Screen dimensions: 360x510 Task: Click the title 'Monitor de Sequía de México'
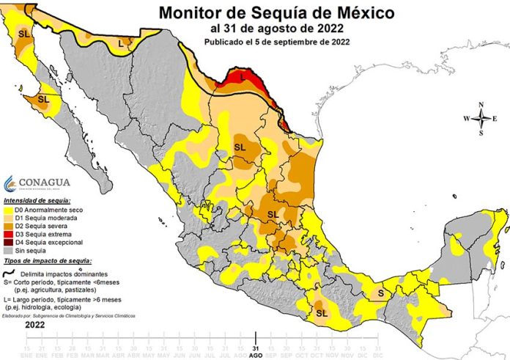(277, 12)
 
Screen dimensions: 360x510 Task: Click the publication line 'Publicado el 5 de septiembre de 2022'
(277, 42)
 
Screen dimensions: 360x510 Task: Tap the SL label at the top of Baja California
(25, 34)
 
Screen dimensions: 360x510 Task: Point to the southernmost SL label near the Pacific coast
(322, 312)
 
